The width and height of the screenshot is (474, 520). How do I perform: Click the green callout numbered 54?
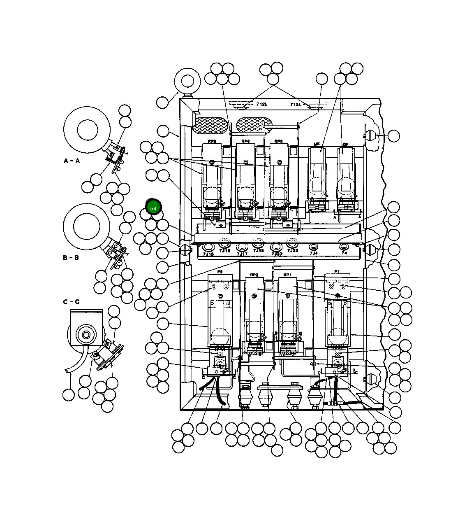[153, 208]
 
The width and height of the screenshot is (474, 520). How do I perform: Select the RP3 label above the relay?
[212, 142]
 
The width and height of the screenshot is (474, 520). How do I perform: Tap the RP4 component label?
[245, 142]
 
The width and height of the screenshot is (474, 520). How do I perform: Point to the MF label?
[317, 145]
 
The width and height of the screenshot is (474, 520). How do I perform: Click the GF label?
[345, 145]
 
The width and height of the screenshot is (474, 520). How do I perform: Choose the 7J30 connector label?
[277, 254]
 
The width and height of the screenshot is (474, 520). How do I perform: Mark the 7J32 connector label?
[292, 250]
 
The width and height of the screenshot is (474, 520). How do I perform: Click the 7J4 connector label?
[313, 253]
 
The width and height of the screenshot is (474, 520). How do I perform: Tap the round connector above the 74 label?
[344, 246]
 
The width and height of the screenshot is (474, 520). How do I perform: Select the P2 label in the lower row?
[220, 272]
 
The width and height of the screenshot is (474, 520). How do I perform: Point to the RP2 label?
[254, 275]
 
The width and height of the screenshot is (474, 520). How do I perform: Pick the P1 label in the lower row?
[337, 271]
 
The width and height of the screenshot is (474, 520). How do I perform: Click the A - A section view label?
[72, 161]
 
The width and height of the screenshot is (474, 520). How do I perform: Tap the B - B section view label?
[71, 258]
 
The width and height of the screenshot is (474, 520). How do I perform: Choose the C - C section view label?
[71, 302]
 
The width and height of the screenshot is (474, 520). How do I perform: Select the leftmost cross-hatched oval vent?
[210, 125]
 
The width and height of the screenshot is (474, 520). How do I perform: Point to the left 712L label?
[261, 105]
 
